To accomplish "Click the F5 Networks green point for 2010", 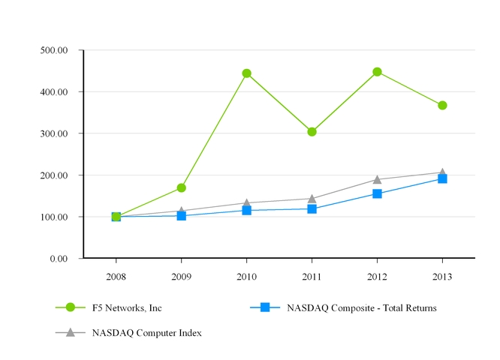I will [x=246, y=73].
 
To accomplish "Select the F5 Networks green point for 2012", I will [x=377, y=72].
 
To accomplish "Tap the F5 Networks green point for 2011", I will [x=312, y=132].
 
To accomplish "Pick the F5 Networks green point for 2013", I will [x=442, y=105].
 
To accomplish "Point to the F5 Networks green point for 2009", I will [x=181, y=187].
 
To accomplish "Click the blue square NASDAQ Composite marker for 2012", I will [x=377, y=193].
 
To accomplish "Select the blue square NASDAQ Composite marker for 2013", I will [x=442, y=178].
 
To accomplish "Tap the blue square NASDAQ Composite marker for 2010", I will [x=246, y=210].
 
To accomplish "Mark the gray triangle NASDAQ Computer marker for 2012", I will [x=377, y=179].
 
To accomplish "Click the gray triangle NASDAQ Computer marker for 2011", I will [x=312, y=198].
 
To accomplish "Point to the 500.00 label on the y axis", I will [x=53, y=50].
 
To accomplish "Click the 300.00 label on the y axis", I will [x=53, y=133].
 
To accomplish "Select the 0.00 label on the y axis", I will [x=59, y=259].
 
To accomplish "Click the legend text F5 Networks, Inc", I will [x=127, y=307].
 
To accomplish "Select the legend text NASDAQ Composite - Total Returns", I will [x=361, y=307].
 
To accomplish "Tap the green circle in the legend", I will [x=71, y=307].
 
